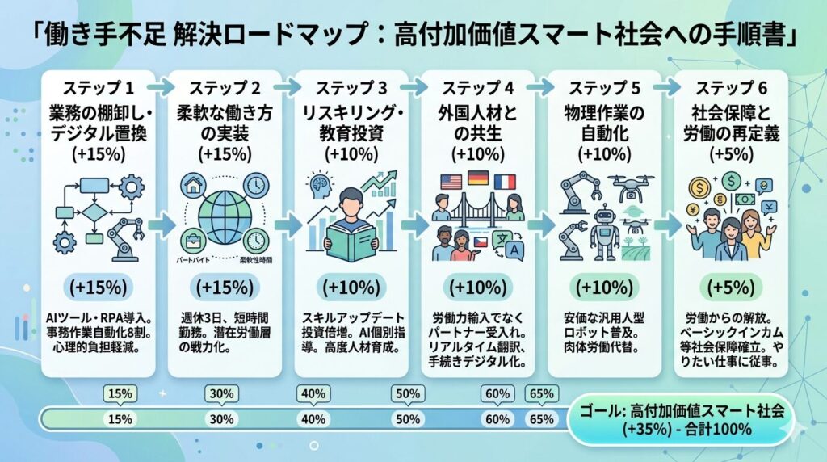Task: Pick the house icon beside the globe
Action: click(x=193, y=187)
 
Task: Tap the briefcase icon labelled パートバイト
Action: click(x=193, y=240)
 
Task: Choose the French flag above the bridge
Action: click(x=504, y=182)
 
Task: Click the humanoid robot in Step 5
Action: click(x=604, y=228)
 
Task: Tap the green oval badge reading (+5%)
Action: click(x=732, y=288)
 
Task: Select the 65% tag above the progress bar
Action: click(x=540, y=394)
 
